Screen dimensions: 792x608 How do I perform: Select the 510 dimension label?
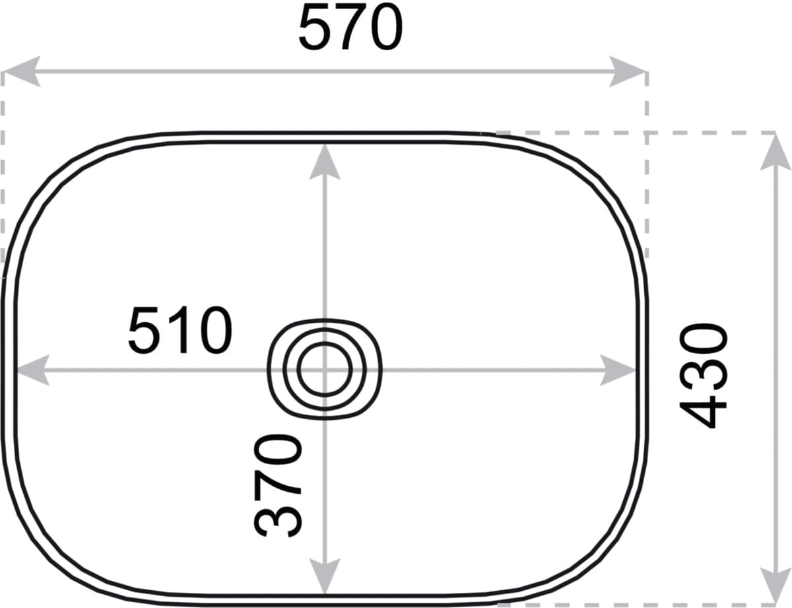180,330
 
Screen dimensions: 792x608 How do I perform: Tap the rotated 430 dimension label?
704,376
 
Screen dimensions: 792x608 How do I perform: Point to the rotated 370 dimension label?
278,487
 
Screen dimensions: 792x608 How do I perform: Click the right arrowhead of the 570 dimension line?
628,71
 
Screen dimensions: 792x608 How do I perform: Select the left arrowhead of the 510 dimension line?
33,370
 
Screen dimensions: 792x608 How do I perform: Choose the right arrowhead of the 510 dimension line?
617,370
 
